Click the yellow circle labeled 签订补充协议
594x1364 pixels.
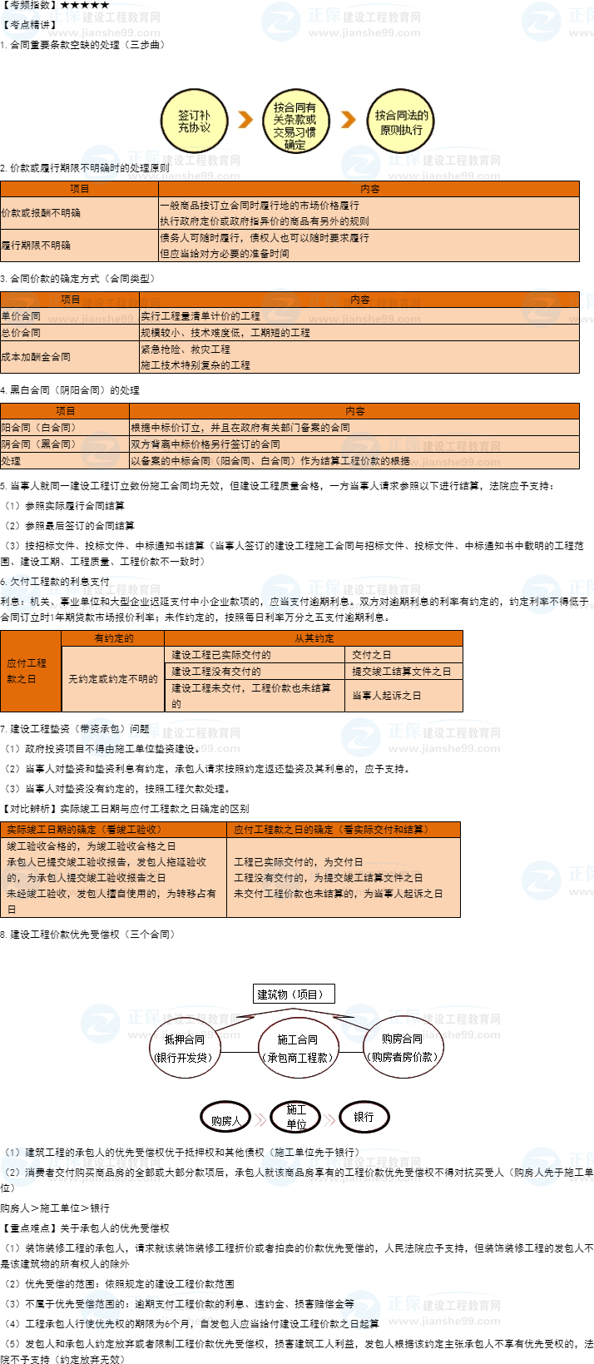tap(194, 122)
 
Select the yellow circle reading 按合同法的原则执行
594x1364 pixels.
tap(401, 122)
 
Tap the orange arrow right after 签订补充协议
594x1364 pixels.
tap(245, 120)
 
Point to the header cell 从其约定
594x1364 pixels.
tap(314, 638)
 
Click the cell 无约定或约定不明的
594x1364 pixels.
tap(113, 679)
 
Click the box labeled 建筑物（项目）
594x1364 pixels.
tap(294, 994)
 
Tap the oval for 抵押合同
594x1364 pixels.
tap(184, 1048)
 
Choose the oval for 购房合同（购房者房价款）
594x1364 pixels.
tap(402, 1048)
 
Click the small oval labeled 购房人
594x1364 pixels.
tap(225, 1119)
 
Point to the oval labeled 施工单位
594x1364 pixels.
tap(296, 1117)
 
